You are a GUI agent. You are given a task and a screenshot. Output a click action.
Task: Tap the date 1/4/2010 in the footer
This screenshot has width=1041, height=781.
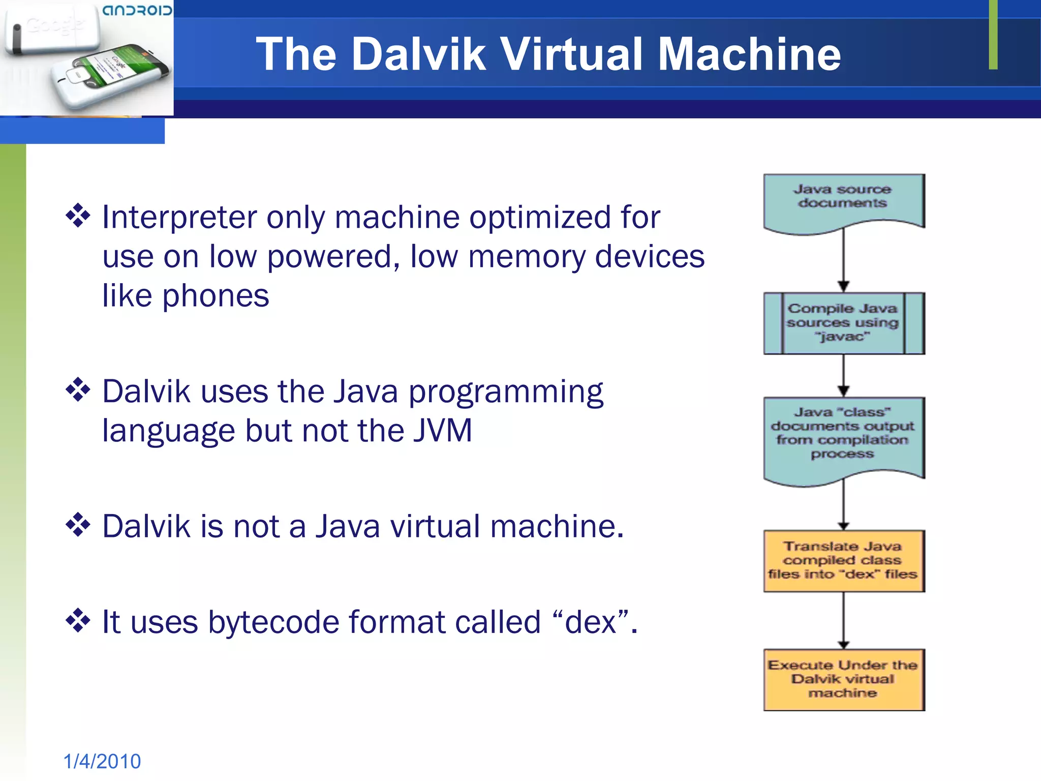click(102, 761)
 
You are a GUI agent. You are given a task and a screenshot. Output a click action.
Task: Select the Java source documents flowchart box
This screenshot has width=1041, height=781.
click(843, 201)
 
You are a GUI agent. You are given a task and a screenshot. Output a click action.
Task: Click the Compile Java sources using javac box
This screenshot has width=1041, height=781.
click(843, 323)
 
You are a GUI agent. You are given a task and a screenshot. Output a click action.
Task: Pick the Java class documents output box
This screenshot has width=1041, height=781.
click(843, 437)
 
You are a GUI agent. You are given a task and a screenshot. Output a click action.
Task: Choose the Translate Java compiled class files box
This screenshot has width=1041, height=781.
click(843, 561)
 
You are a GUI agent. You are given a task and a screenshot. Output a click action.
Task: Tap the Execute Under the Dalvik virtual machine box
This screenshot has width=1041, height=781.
click(843, 679)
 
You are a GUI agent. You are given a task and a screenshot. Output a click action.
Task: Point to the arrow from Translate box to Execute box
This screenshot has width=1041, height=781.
click(843, 620)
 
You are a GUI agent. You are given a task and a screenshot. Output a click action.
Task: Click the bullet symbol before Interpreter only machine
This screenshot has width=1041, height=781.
click(78, 216)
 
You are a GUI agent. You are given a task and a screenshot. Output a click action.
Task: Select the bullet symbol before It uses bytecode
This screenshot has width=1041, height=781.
click(78, 620)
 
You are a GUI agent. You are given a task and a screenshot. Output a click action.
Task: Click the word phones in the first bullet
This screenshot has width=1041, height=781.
click(216, 296)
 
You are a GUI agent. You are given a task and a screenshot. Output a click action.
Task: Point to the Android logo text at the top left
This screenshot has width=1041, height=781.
click(137, 10)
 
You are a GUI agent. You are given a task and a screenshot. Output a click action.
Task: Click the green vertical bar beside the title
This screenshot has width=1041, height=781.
click(993, 35)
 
